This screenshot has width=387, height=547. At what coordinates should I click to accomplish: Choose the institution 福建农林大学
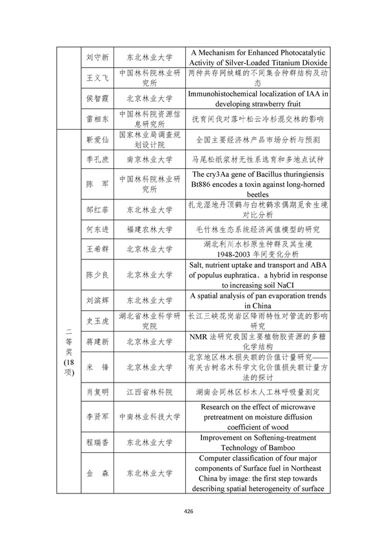[x=149, y=229]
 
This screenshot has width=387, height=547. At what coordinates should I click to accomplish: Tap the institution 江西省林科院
[x=149, y=391]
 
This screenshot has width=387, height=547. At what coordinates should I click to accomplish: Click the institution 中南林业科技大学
[x=149, y=417]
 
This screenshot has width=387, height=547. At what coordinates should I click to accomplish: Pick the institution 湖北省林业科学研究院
[x=149, y=321]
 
